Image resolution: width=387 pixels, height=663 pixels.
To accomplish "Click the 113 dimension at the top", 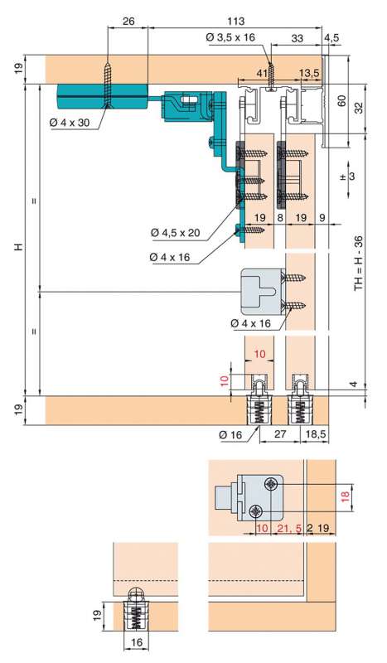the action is [x=235, y=21].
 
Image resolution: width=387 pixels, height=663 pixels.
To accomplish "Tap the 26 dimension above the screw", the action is [x=128, y=21].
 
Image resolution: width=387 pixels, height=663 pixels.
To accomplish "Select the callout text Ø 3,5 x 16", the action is [x=230, y=37].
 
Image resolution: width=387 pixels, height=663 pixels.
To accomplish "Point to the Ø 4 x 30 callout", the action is [x=70, y=123].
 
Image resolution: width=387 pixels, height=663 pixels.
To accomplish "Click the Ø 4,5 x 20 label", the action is [x=176, y=232].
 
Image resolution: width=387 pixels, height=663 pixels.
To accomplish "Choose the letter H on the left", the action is [x=18, y=246].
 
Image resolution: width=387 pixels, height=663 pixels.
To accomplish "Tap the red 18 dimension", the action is [x=344, y=496].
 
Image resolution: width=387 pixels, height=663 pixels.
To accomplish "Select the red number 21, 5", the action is [x=289, y=528].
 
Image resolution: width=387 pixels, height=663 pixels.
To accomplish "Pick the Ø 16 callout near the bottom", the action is [x=230, y=434].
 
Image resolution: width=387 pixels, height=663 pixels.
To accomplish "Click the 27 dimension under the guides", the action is [x=280, y=434].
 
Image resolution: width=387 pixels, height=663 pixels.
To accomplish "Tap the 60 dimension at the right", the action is [x=342, y=100].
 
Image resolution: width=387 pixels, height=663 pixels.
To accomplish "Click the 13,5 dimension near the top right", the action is [x=309, y=72].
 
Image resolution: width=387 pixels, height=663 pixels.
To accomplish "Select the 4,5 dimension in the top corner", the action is [x=331, y=37].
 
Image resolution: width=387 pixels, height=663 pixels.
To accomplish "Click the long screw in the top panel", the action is [x=109, y=86].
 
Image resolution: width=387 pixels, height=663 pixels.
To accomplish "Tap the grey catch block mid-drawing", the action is [x=263, y=292].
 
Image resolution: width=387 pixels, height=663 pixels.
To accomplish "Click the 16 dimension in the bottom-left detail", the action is [x=137, y=643].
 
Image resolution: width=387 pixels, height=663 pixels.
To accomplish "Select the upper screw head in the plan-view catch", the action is [x=271, y=484].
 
